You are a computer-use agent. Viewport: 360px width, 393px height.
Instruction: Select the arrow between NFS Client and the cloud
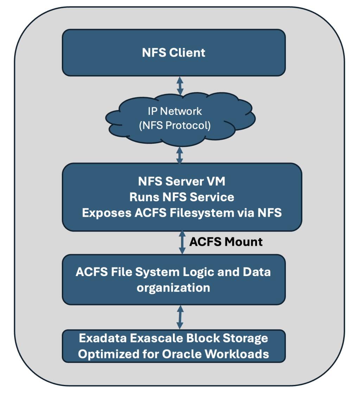tap(180, 85)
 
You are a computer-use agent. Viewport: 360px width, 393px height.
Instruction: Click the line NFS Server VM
tap(181, 182)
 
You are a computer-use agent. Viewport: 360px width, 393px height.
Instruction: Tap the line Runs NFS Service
tap(181, 197)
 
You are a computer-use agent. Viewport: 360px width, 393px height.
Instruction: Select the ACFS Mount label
tap(226, 242)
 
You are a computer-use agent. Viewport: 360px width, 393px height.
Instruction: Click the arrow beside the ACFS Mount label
tap(182, 242)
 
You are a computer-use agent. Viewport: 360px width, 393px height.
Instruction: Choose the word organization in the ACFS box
tap(173, 288)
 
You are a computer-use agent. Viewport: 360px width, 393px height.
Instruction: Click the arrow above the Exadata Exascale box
tap(180, 317)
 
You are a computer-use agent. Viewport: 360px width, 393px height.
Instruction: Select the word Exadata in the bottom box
tap(102, 338)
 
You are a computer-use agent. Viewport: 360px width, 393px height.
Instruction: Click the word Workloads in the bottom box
tap(240, 354)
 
